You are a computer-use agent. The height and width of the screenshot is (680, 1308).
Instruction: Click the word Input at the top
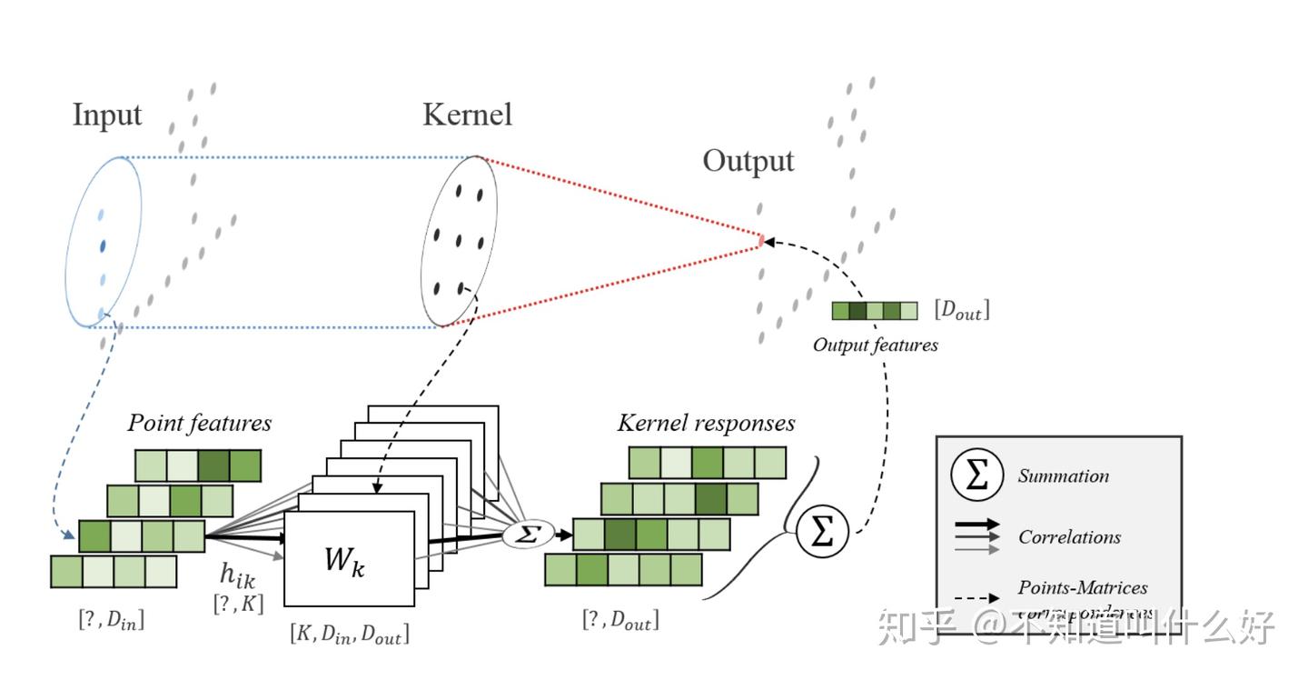pyautogui.click(x=107, y=116)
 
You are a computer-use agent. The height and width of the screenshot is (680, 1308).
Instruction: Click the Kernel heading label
pyautogui.click(x=467, y=115)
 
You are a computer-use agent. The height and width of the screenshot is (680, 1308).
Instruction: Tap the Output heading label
pyautogui.click(x=748, y=161)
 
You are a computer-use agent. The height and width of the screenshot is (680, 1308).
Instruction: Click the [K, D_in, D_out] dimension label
pyautogui.click(x=350, y=634)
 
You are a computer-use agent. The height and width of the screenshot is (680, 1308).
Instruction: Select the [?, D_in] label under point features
pyautogui.click(x=111, y=622)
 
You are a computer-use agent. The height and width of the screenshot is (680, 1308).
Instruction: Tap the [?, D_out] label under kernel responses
pyautogui.click(x=620, y=622)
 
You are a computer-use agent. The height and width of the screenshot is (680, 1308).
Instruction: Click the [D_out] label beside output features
pyautogui.click(x=961, y=311)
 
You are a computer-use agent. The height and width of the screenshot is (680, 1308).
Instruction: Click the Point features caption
pyautogui.click(x=199, y=423)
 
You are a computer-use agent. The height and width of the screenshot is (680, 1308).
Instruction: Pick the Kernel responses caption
pyautogui.click(x=706, y=423)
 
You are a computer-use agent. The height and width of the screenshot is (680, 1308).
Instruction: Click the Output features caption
pyautogui.click(x=875, y=345)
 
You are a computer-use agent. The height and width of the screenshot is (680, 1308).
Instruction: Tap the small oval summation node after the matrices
pyautogui.click(x=528, y=534)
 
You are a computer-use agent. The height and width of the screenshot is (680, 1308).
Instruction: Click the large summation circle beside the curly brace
pyautogui.click(x=821, y=533)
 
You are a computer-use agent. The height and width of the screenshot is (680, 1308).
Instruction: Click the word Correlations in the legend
pyautogui.click(x=1069, y=537)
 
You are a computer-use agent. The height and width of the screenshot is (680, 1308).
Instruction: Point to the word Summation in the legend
pyautogui.click(x=1063, y=476)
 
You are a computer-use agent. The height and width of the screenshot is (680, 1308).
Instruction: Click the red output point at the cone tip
pyautogui.click(x=761, y=241)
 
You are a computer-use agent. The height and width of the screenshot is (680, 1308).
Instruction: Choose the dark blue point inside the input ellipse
pyautogui.click(x=103, y=246)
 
